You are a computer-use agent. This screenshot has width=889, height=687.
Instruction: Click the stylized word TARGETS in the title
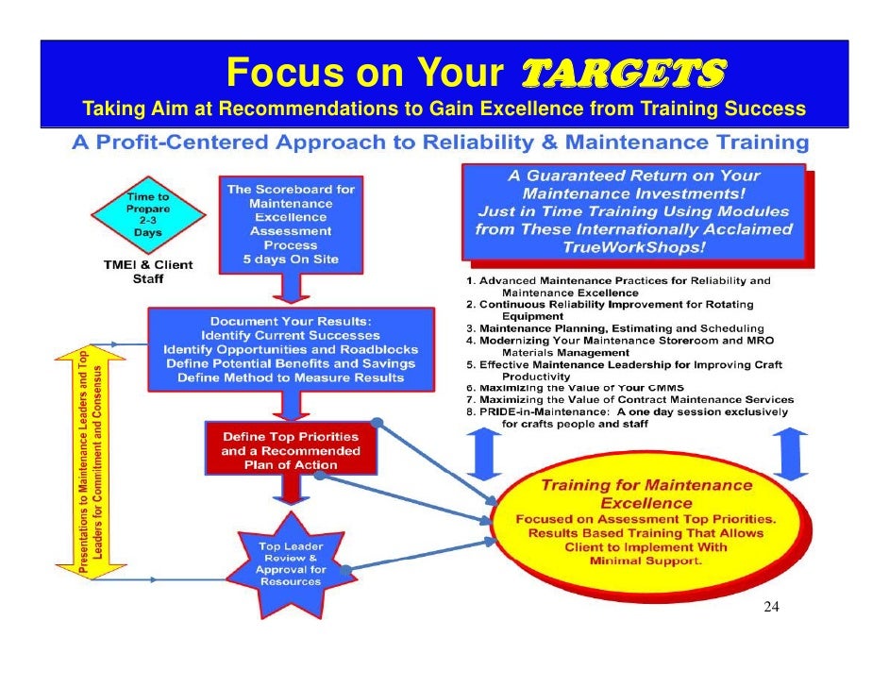pos(623,72)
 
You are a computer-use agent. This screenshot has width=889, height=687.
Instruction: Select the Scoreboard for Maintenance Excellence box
pos(291,223)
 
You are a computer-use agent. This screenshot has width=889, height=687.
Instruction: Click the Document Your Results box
pos(291,349)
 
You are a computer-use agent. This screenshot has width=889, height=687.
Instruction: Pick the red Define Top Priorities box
pos(291,450)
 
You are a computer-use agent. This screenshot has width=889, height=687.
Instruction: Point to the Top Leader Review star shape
pos(291,562)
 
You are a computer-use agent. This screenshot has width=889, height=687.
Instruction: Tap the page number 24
pos(771,607)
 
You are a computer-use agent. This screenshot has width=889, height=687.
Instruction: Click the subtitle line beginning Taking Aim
pos(444,109)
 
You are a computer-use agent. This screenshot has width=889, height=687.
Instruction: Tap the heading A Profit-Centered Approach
pos(440,143)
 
